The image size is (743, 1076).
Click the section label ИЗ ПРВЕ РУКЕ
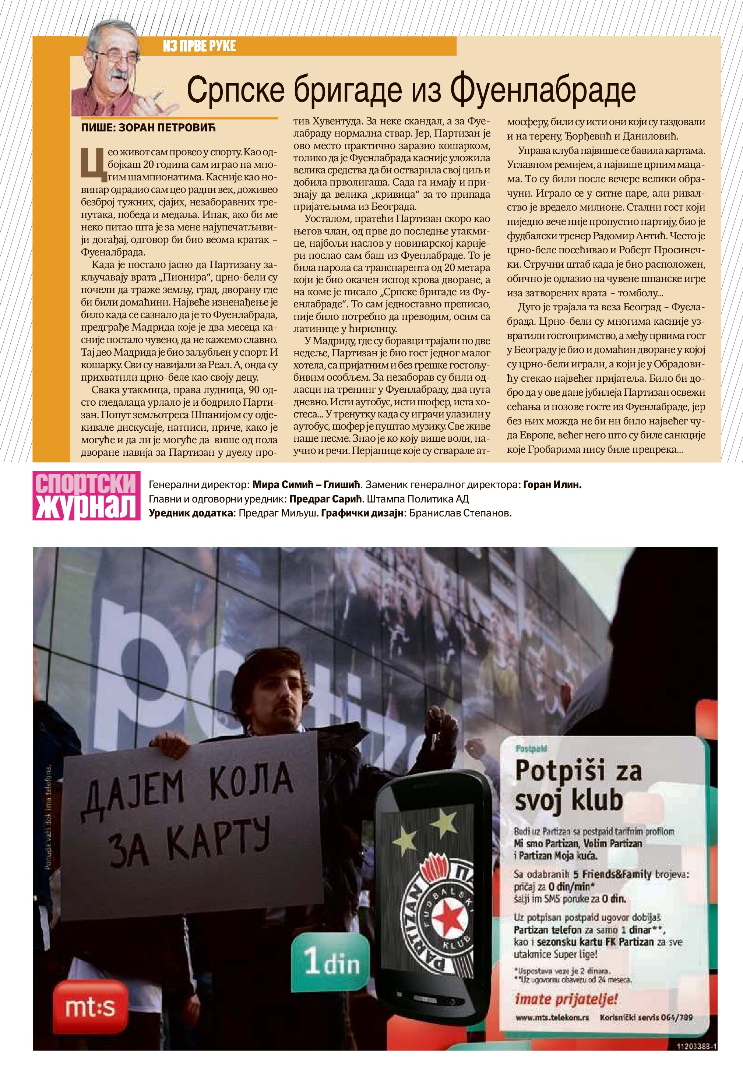point(199,46)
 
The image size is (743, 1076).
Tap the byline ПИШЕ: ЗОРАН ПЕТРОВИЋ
point(148,127)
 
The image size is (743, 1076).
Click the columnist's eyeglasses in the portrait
point(113,55)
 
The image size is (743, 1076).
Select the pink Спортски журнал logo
point(87,495)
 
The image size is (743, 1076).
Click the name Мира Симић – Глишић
point(306,484)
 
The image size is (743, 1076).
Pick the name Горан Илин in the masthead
point(552,484)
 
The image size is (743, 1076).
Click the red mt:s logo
point(90,1008)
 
